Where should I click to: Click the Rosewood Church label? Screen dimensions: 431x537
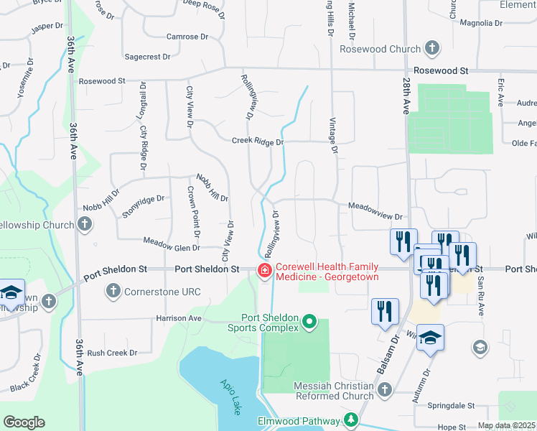(385, 49)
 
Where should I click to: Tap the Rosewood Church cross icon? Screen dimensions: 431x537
(431, 49)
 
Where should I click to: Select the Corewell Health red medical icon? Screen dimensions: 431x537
(264, 270)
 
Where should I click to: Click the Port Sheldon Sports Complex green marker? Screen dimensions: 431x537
(309, 320)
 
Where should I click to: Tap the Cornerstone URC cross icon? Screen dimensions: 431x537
(113, 291)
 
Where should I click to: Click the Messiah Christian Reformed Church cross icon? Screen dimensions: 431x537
(385, 390)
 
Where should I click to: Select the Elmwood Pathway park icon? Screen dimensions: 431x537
(351, 419)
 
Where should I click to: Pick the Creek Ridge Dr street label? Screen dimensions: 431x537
(258, 142)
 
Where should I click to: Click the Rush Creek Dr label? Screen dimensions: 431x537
(111, 353)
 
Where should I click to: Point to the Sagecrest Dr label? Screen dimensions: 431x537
(147, 56)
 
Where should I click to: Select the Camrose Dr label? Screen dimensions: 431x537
(187, 37)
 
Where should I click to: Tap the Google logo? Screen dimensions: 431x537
(24, 422)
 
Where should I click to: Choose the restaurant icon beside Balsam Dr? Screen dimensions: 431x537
(385, 311)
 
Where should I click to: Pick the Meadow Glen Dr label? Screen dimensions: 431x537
(172, 248)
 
